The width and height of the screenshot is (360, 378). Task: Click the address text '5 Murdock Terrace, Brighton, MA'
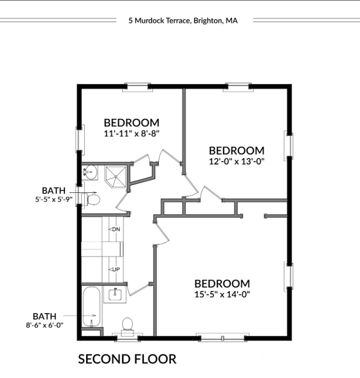pyautogui.click(x=183, y=21)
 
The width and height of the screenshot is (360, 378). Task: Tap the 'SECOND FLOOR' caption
pyautogui.click(x=127, y=359)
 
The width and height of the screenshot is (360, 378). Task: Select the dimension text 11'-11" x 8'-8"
pyautogui.click(x=131, y=134)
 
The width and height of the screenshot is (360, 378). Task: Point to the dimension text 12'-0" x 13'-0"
pyautogui.click(x=237, y=161)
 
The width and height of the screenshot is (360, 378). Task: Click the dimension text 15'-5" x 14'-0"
pyautogui.click(x=222, y=294)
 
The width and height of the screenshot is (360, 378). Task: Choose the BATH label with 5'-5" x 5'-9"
pyautogui.click(x=53, y=190)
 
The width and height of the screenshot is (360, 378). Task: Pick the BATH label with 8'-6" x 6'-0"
pyautogui.click(x=44, y=316)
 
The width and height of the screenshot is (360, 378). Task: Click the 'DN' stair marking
pyautogui.click(x=115, y=230)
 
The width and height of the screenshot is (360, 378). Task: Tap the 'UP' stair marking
pyautogui.click(x=115, y=269)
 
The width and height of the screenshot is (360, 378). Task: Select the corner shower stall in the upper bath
pyautogui.click(x=116, y=175)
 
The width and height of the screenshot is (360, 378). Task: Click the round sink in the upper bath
pyautogui.click(x=90, y=172)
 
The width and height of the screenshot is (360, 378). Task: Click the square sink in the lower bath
pyautogui.click(x=116, y=294)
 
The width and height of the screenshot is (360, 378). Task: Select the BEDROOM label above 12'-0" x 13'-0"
pyautogui.click(x=236, y=150)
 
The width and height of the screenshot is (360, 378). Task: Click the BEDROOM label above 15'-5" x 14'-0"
pyautogui.click(x=222, y=283)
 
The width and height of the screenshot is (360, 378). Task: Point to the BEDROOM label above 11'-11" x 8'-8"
pyautogui.click(x=131, y=123)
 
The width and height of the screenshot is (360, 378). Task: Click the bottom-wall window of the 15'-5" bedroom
pyautogui.click(x=221, y=336)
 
